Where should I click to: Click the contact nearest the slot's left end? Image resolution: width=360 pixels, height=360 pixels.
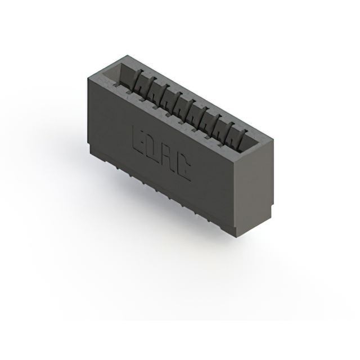(x=138, y=82)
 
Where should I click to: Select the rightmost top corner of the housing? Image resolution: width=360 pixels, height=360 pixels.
(x=274, y=138)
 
